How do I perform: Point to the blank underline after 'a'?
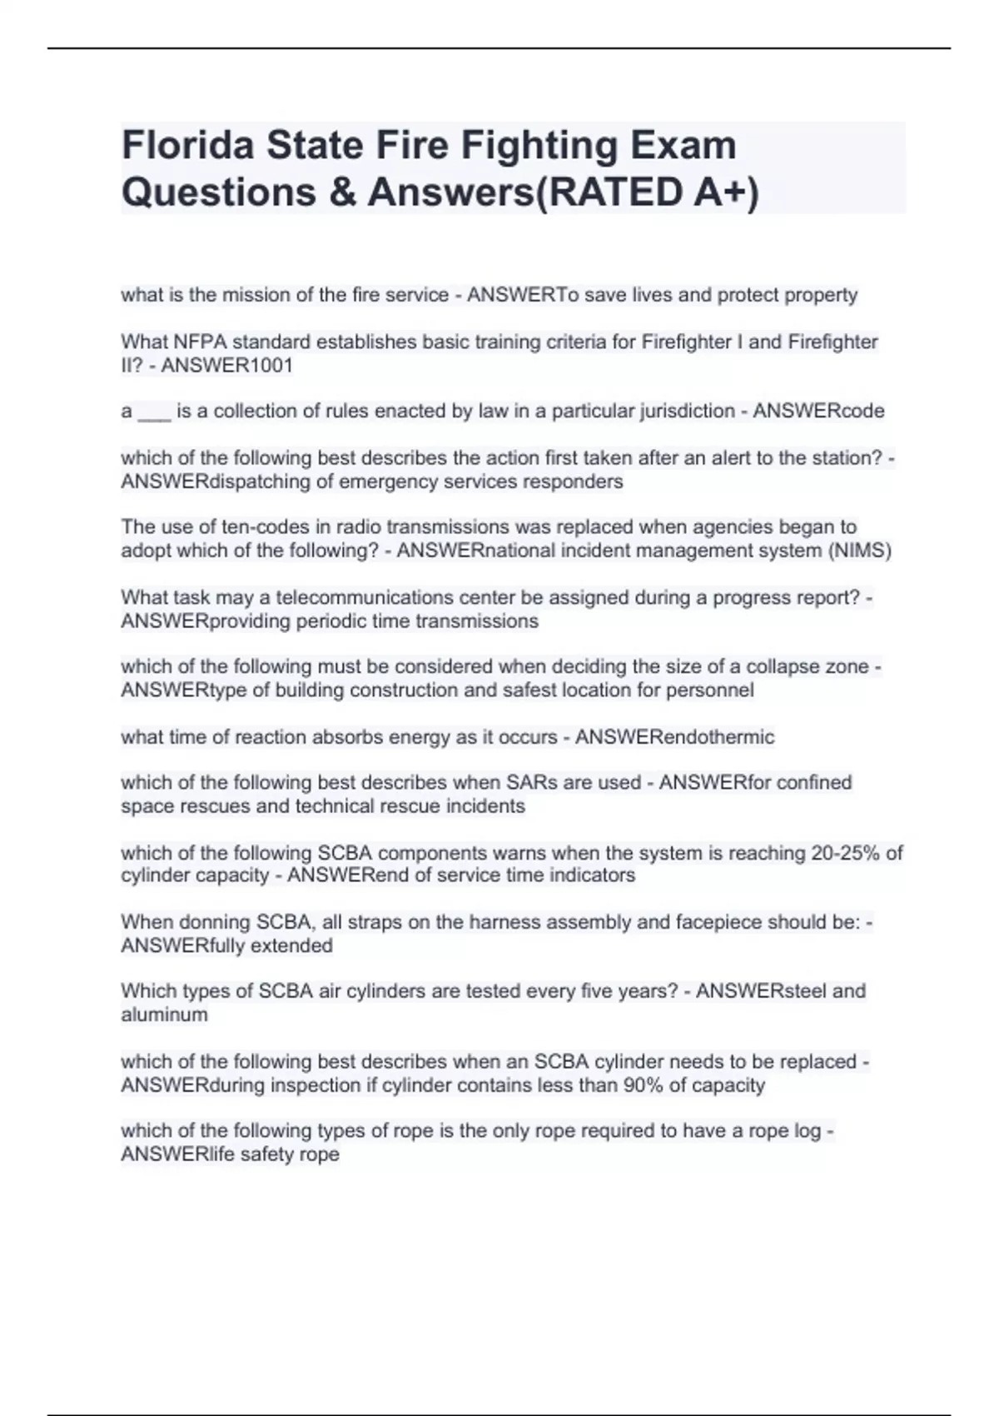click(154, 412)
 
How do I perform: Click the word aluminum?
click(164, 1015)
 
